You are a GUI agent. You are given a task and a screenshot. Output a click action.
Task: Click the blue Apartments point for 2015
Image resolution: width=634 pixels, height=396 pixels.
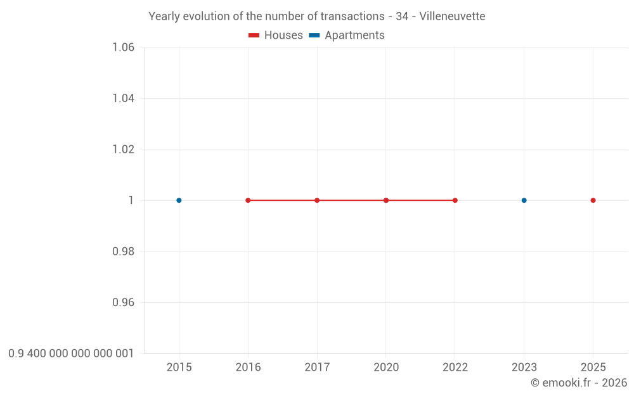[x=179, y=200]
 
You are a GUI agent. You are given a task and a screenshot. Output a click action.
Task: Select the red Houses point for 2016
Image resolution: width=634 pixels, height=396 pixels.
[x=248, y=200]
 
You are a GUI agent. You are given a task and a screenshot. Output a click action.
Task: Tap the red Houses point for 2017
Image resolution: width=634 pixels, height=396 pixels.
[x=317, y=200]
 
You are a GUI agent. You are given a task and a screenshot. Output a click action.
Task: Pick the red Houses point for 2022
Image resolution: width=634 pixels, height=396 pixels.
[x=455, y=200]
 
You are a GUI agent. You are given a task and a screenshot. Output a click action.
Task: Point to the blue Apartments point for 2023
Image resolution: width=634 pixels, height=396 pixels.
[x=524, y=200]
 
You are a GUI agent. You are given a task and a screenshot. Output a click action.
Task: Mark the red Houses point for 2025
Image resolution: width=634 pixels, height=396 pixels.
[x=593, y=200]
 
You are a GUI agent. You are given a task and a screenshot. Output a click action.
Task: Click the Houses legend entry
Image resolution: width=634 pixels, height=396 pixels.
[x=276, y=35]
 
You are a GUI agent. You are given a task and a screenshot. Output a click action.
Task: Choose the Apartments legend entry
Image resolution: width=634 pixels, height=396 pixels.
[x=347, y=35]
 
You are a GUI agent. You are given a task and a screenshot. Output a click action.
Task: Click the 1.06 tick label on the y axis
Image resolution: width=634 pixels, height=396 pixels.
[x=123, y=47]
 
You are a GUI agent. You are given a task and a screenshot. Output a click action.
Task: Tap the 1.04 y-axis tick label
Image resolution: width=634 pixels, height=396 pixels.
[x=123, y=98]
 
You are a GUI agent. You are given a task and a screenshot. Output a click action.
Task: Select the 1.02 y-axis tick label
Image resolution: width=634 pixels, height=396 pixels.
[x=123, y=149]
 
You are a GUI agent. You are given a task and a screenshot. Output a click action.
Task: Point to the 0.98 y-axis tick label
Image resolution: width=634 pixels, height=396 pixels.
[x=123, y=252]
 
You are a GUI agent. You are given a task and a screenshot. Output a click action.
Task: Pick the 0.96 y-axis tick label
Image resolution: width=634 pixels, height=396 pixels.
[x=123, y=302]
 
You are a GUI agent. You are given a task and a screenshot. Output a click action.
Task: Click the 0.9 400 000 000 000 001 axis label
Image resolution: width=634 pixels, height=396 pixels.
[x=71, y=354]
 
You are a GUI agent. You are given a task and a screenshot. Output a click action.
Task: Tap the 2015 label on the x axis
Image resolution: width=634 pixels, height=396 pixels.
[x=179, y=367]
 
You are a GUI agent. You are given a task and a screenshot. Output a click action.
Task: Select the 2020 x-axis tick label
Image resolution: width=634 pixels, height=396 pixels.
[x=386, y=367]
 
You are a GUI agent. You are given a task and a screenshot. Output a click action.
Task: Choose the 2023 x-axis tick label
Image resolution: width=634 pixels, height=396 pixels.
[x=524, y=367]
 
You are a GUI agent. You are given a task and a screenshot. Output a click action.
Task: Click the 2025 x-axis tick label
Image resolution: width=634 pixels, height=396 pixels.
[x=593, y=367]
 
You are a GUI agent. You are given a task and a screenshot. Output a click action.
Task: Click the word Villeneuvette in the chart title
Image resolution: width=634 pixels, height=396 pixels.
[x=452, y=16]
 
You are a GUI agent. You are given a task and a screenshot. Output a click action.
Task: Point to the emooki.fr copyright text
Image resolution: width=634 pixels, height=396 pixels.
[x=579, y=383]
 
